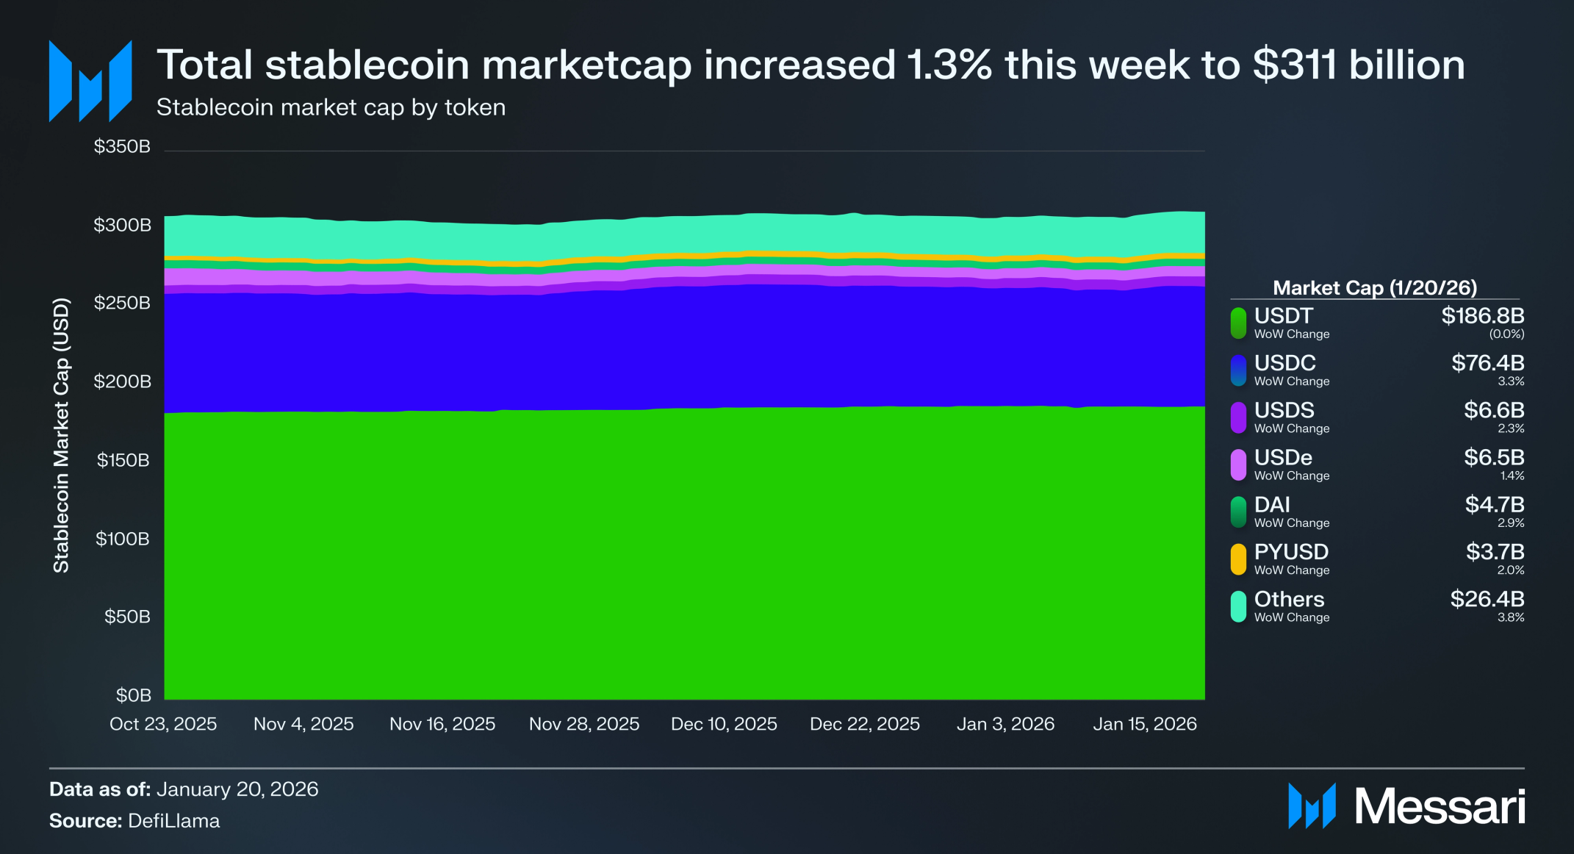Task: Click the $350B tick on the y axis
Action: pos(122,146)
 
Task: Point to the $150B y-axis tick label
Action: pos(123,460)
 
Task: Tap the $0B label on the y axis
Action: pos(133,695)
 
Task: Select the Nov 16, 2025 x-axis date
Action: pos(442,724)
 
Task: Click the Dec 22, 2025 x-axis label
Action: pos(864,724)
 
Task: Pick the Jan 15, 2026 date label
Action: pos(1144,724)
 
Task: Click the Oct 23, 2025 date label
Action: pos(163,724)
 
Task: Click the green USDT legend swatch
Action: pos(1238,323)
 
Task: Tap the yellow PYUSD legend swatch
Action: pos(1238,559)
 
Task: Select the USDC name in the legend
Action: pos(1284,363)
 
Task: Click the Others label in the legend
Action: pos(1289,599)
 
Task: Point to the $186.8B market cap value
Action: pos(1482,316)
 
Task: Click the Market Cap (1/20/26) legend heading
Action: pos(1374,287)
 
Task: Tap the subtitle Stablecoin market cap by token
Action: pos(331,107)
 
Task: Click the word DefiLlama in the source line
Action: pos(173,820)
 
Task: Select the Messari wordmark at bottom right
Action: pos(1439,806)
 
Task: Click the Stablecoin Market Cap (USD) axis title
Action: pos(61,435)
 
